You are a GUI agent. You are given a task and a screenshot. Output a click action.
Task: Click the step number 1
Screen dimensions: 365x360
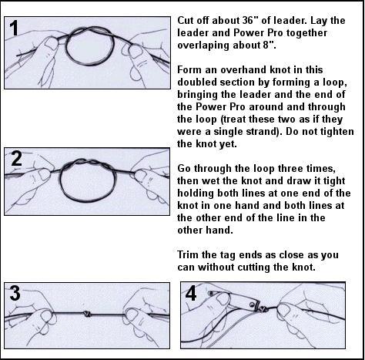[x=15, y=28]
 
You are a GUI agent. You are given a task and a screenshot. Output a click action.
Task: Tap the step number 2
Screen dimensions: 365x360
[x=17, y=159]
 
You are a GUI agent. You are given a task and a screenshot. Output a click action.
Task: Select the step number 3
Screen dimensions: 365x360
[x=15, y=293]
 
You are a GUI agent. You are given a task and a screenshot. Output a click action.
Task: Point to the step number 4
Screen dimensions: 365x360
[x=191, y=293]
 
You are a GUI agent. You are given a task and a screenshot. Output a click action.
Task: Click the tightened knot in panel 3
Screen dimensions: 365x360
[x=87, y=314]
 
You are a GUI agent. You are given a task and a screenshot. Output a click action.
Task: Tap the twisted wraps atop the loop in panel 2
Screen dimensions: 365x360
[x=88, y=163]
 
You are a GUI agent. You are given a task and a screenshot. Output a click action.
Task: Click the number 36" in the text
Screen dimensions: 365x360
[x=248, y=20]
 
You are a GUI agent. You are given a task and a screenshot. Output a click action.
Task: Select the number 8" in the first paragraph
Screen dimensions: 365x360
[x=270, y=45]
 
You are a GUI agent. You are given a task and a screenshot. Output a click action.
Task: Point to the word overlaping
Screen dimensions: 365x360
[x=203, y=45]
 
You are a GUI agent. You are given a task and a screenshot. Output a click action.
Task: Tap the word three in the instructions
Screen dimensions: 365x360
[x=293, y=169]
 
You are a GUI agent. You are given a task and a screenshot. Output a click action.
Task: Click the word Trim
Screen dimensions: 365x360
[x=187, y=255]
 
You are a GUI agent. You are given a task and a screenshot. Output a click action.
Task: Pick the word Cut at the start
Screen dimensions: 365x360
[x=186, y=20]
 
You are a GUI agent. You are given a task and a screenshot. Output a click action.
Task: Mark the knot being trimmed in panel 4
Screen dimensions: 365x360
[x=263, y=309]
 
